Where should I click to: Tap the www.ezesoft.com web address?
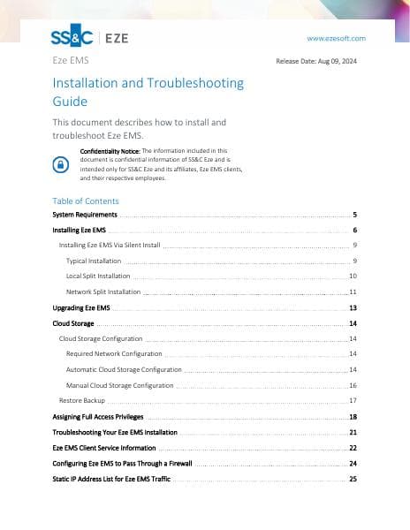pyautogui.click(x=336, y=39)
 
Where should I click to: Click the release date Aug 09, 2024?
pyautogui.click(x=318, y=62)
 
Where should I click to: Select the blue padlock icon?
pyautogui.click(x=61, y=164)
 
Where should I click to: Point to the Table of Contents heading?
pyautogui.click(x=86, y=201)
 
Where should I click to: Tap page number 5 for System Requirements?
pyautogui.click(x=354, y=215)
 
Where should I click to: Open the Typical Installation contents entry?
pyautogui.click(x=94, y=261)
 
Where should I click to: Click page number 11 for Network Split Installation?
pyautogui.click(x=353, y=291)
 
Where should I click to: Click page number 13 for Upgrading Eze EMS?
pyautogui.click(x=353, y=307)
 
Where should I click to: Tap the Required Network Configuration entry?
pyautogui.click(x=114, y=353)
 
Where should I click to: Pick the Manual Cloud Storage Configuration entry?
pyautogui.click(x=119, y=385)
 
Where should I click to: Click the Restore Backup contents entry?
pyautogui.click(x=82, y=400)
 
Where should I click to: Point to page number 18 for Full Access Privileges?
pyautogui.click(x=353, y=416)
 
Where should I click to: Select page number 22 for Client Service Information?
pyautogui.click(x=353, y=448)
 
